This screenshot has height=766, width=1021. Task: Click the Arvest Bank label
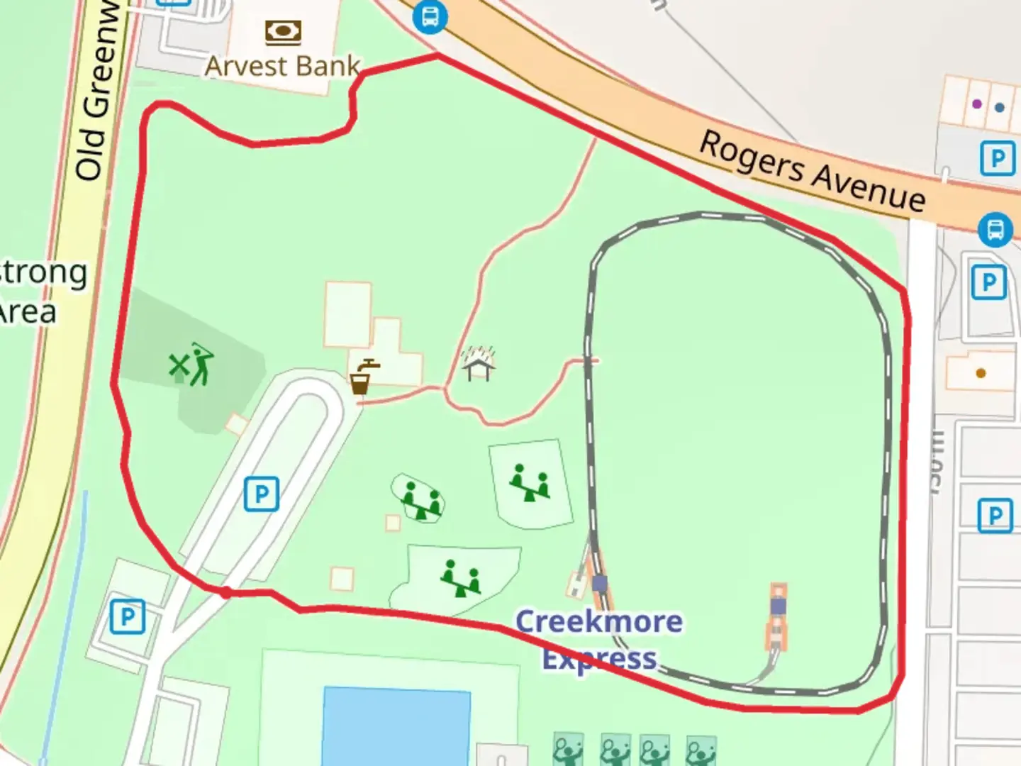[282, 66]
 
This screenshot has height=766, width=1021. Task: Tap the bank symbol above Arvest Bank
[283, 32]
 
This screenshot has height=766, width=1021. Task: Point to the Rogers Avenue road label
[813, 170]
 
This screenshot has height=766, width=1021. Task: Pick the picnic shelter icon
[479, 363]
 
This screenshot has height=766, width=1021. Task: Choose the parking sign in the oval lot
[262, 494]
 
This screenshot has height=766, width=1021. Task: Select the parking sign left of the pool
[128, 616]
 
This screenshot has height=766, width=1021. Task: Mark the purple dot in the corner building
[977, 104]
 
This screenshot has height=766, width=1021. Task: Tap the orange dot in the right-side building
[981, 373]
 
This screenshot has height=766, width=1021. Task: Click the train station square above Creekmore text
[599, 584]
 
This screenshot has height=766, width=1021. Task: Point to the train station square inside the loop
[779, 606]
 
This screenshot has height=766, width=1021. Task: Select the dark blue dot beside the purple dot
[1000, 108]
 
